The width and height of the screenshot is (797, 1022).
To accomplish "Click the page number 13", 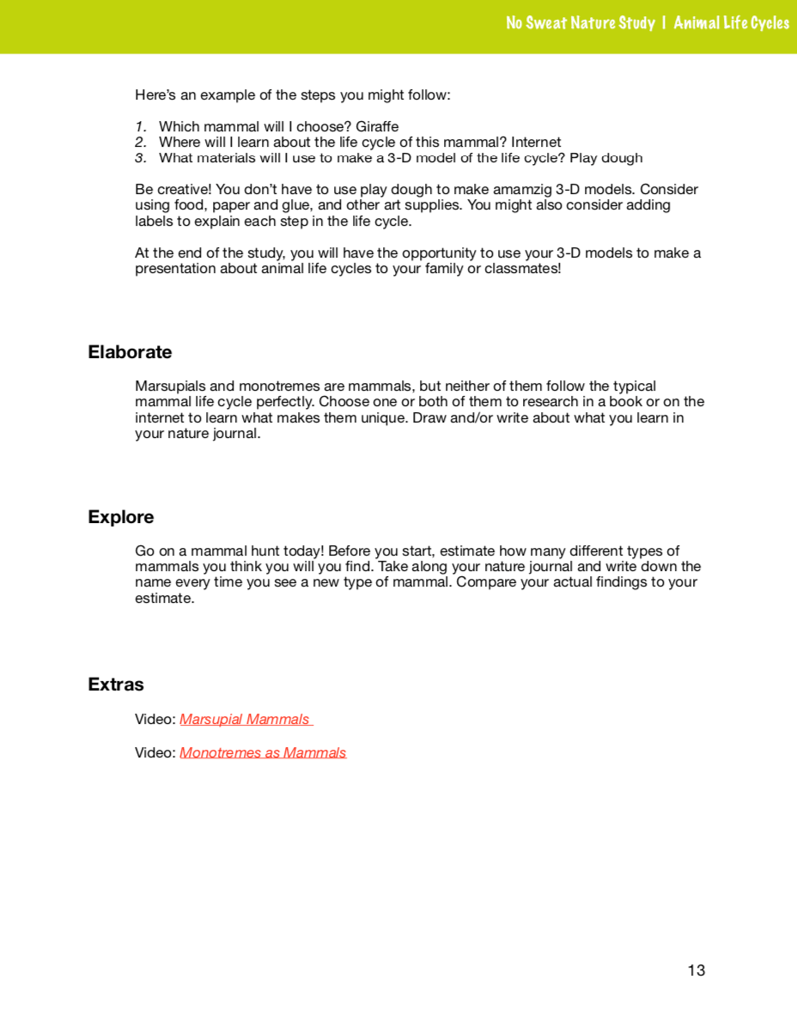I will tap(696, 970).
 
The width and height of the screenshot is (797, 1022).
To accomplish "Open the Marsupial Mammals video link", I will tap(245, 720).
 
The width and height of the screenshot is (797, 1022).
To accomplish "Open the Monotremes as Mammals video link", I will tap(263, 753).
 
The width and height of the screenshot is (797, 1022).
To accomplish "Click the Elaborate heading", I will tap(130, 352).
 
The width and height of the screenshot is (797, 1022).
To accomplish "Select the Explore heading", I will tap(121, 517).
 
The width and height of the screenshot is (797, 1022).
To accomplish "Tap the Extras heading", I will tap(116, 684).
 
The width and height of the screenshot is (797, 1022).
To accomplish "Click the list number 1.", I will tap(140, 127).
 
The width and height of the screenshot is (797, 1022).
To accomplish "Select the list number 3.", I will tap(140, 158).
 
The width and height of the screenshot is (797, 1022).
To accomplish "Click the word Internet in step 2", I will tap(536, 143).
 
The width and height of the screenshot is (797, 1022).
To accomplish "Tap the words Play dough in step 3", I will tap(611, 158).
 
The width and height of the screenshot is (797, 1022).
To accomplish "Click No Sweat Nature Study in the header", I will tap(581, 23).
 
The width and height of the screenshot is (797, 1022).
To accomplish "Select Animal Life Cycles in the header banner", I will tap(731, 23).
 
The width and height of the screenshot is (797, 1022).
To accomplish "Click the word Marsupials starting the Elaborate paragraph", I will tap(168, 386).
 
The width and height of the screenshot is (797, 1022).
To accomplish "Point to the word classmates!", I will tap(525, 269).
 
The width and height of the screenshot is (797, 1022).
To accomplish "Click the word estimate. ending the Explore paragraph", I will tap(165, 599).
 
